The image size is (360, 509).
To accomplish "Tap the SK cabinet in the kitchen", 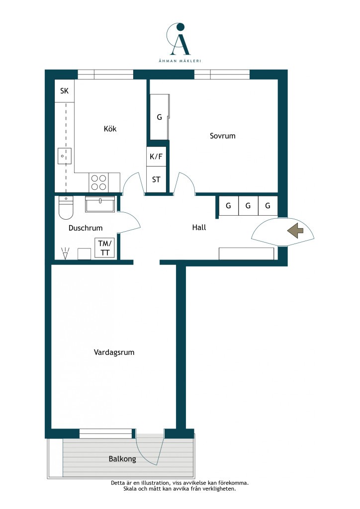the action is (x=64, y=90).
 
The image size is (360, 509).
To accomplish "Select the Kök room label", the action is (x=110, y=129).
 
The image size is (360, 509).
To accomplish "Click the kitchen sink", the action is (x=64, y=156).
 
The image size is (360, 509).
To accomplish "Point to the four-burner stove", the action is (x=98, y=182).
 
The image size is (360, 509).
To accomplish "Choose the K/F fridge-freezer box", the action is (x=156, y=157).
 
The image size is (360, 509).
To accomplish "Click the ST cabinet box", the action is (x=156, y=179).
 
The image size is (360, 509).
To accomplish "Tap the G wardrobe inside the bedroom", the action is (x=160, y=117).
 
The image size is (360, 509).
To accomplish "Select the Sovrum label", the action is (x=222, y=136).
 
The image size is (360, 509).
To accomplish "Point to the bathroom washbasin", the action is (x=100, y=204).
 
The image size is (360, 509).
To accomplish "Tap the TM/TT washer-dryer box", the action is (x=104, y=248).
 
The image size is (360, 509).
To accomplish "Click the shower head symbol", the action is (x=65, y=254).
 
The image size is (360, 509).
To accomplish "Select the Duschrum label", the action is (x=86, y=228).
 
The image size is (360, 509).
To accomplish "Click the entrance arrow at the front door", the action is (x=295, y=231).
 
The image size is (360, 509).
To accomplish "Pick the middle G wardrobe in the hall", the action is (x=248, y=205).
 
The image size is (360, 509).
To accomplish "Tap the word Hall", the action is (x=199, y=227).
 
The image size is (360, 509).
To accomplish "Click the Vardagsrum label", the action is (x=114, y=352).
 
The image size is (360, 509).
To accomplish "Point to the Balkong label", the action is (x=122, y=459).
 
